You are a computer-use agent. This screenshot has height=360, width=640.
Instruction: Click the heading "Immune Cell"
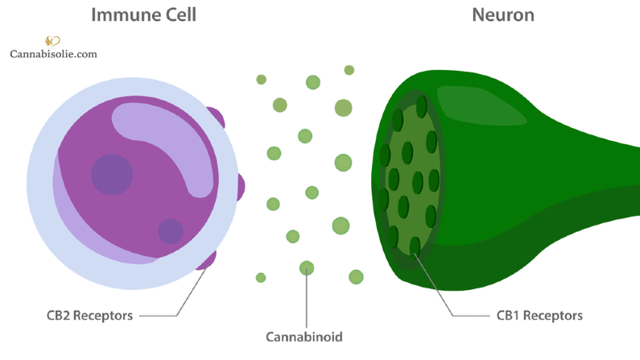coord(143,14)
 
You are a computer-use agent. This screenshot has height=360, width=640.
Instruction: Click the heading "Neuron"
coord(503,14)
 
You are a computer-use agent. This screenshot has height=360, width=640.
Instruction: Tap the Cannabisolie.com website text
coord(53,55)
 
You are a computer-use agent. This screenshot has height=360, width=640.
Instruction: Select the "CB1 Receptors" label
coord(539,315)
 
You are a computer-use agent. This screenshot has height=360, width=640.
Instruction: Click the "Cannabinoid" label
coord(306,335)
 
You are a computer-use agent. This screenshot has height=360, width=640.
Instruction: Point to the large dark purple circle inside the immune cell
coord(112,174)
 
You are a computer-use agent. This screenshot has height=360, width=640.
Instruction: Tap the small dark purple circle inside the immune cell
coord(171,231)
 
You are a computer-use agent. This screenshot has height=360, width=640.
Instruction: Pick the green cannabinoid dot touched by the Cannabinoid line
coord(307,267)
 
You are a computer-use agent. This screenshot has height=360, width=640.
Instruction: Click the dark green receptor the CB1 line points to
coord(415,246)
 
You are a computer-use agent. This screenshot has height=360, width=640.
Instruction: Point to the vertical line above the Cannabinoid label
coord(307,300)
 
